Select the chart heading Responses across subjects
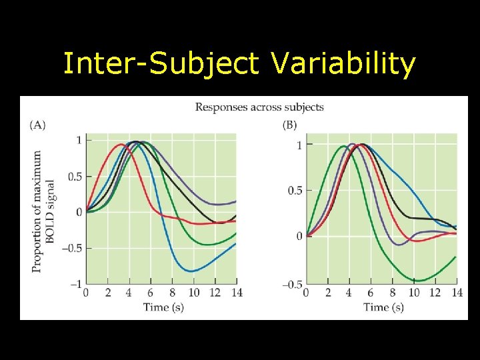click(x=259, y=107)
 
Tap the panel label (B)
click(x=289, y=125)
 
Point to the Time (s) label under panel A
click(x=163, y=307)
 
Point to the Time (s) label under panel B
click(x=383, y=307)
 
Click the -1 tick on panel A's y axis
click(x=76, y=284)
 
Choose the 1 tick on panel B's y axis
click(x=299, y=145)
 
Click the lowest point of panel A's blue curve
click(x=192, y=271)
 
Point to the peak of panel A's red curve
click(x=121, y=144)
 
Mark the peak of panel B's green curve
click(x=343, y=146)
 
